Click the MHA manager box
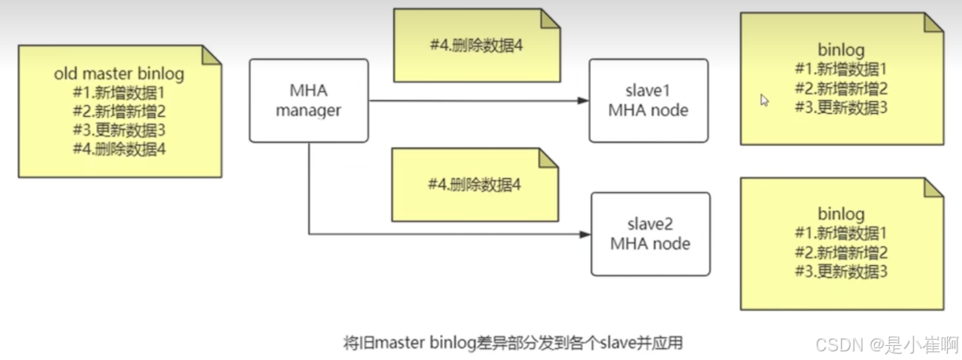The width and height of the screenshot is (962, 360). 308,100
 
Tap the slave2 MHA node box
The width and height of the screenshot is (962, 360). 650,234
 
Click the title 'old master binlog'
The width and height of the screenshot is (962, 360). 119,75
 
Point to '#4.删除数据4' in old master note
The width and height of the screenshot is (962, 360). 119,148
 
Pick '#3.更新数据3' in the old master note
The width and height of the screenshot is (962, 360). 119,129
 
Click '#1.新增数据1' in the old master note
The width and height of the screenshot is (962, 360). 119,93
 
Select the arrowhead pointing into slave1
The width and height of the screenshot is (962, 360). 582,101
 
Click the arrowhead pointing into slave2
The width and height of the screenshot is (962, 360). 584,235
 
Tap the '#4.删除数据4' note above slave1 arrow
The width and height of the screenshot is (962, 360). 476,45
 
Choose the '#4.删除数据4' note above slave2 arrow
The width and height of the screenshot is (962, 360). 475,185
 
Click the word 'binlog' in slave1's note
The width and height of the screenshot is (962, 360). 841,51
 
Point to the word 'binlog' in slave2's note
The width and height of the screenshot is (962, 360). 841,214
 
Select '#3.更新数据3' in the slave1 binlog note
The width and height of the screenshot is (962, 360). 841,107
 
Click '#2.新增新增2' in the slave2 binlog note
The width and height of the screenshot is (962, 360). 841,253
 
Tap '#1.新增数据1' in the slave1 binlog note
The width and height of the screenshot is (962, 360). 841,69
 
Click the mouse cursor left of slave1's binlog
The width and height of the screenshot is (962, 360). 764,100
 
